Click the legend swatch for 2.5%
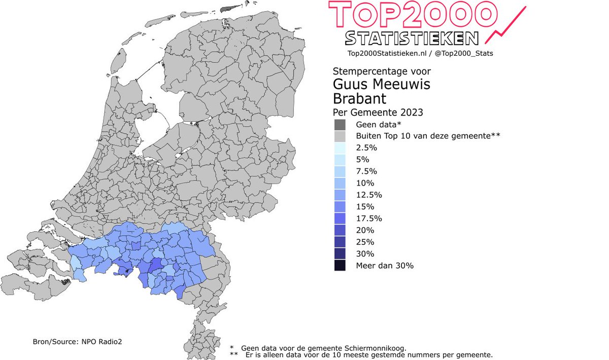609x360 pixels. click(x=340, y=148)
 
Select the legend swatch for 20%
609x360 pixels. click(x=340, y=230)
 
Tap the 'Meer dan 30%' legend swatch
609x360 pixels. click(x=340, y=265)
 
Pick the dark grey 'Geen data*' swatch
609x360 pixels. click(x=340, y=124)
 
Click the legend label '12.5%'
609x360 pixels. click(x=368, y=195)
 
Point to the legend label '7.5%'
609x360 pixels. click(x=366, y=171)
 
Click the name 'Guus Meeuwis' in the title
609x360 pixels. click(x=381, y=84)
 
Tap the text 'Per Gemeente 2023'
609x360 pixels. click(x=378, y=112)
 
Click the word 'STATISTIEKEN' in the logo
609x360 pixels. click(x=412, y=38)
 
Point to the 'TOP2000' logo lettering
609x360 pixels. click(x=411, y=14)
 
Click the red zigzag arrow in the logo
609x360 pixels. click(x=505, y=25)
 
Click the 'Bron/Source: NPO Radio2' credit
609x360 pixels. click(x=75, y=342)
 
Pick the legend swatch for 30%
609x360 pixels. click(x=340, y=254)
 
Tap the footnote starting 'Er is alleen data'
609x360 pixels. click(x=368, y=355)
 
